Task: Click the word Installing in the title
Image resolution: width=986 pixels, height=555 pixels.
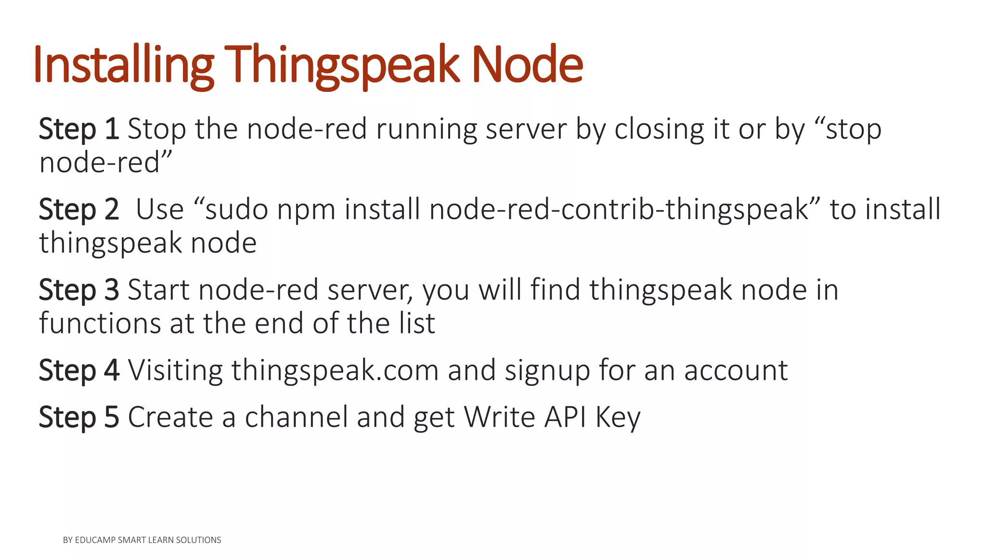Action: (123, 65)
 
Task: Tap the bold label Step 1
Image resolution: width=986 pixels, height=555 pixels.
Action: (79, 129)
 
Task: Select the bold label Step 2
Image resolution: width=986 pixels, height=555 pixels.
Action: (79, 210)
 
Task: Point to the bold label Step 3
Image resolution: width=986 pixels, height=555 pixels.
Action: (79, 290)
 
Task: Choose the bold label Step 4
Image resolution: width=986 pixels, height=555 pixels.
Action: (79, 370)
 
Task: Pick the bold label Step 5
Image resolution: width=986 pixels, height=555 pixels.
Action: (79, 417)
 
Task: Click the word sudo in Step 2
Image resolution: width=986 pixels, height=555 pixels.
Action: (236, 210)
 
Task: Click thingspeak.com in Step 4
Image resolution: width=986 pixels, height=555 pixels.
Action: (335, 370)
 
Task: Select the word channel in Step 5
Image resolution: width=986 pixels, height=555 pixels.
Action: (296, 417)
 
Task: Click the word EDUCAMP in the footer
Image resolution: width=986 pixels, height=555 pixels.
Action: (95, 540)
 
